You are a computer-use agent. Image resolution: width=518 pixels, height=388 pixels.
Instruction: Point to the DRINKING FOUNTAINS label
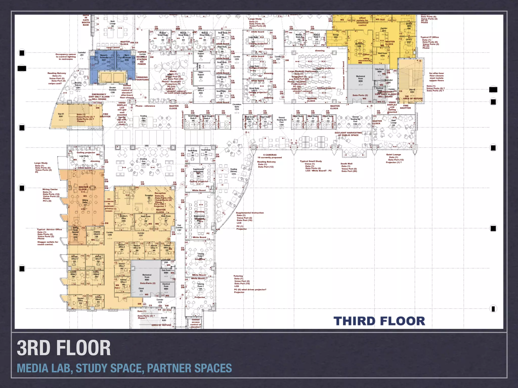tap(142, 79)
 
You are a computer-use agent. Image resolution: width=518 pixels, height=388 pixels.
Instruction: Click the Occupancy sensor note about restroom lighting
tap(66, 57)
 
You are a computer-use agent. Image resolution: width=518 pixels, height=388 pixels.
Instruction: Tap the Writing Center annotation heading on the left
tap(50, 189)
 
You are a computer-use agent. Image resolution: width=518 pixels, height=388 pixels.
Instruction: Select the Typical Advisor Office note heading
tap(50, 229)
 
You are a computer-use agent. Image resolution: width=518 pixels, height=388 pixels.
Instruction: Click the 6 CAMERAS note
tap(270, 155)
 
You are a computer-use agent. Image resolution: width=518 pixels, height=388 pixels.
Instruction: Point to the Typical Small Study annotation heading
tap(311, 161)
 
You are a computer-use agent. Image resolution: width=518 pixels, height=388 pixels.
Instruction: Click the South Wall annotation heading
tap(346, 164)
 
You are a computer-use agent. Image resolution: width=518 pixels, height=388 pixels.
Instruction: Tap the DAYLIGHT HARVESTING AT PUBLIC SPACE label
tap(348, 134)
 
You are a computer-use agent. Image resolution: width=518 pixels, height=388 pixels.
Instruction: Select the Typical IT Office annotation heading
tap(429, 37)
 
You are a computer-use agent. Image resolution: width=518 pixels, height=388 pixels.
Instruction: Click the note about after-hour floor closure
tap(436, 77)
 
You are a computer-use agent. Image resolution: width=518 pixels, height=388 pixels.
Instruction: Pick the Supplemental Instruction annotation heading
tap(250, 213)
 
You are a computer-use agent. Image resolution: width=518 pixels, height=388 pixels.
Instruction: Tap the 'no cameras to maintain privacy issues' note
tap(109, 205)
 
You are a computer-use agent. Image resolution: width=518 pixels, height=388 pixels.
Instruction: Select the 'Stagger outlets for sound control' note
tap(48, 243)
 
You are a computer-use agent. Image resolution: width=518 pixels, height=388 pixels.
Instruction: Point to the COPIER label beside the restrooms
tap(142, 52)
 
